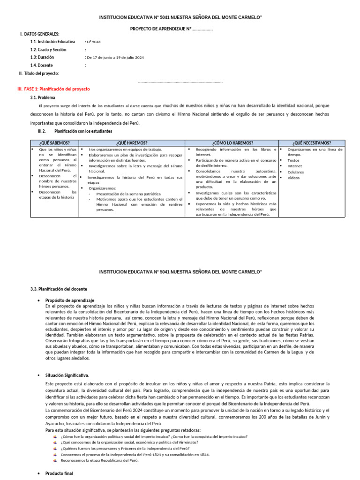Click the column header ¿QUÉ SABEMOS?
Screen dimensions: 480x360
pyautogui.click(x=55, y=143)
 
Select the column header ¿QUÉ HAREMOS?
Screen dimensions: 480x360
pyautogui.click(x=132, y=143)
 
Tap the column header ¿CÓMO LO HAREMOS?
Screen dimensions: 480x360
pyautogui.click(x=232, y=143)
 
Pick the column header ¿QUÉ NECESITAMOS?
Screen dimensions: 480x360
pyautogui.click(x=312, y=143)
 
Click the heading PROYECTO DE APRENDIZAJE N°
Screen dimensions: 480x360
pyautogui.click(x=171, y=30)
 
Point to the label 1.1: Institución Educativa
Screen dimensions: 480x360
pyautogui.click(x=52, y=42)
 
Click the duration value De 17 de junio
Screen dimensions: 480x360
pyautogui.click(x=114, y=57)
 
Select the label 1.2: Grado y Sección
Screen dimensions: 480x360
pyautogui.click(x=48, y=50)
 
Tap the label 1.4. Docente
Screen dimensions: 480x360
pyautogui.click(x=42, y=65)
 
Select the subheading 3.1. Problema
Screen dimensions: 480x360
pyautogui.click(x=43, y=97)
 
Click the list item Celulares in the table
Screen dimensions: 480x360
pyautogui.click(x=295, y=172)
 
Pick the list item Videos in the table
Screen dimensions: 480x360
pyautogui.click(x=293, y=178)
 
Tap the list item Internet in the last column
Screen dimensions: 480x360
pyautogui.click(x=295, y=166)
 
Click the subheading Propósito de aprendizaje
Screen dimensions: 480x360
pyautogui.click(x=70, y=300)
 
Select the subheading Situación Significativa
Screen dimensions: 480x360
pyautogui.click(x=67, y=375)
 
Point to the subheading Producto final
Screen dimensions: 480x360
pyautogui.click(x=60, y=473)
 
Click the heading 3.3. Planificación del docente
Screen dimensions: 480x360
pyautogui.click(x=58, y=289)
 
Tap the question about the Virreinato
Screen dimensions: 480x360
pyautogui.click(x=129, y=442)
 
